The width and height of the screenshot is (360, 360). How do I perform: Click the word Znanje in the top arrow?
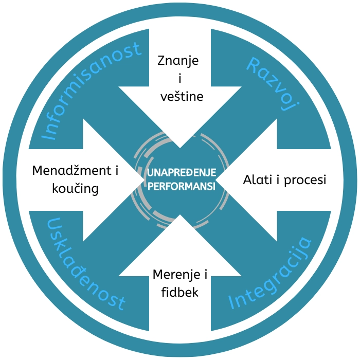point(177,61)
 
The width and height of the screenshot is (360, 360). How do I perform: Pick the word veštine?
point(177,96)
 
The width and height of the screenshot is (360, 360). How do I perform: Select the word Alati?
point(257,181)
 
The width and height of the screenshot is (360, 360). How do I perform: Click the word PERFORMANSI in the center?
point(182,187)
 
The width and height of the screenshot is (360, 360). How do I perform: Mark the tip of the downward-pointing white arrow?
point(179,148)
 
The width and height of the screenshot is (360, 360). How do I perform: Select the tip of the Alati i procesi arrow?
point(216,180)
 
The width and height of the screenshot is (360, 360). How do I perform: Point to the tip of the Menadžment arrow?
point(142,180)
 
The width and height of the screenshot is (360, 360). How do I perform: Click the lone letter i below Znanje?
point(178,78)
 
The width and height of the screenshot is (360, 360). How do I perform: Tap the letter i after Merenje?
point(205,275)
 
